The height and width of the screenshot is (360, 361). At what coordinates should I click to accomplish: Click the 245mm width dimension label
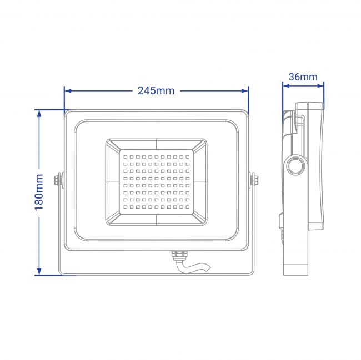pyautogui.click(x=156, y=91)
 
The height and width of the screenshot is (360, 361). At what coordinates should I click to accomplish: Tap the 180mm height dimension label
pyautogui.click(x=39, y=192)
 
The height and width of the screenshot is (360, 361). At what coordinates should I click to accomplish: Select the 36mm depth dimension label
pyautogui.click(x=303, y=77)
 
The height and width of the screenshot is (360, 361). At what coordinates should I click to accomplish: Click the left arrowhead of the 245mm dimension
pyautogui.click(x=68, y=91)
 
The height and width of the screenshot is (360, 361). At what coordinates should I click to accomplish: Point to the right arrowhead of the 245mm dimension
pyautogui.click(x=245, y=91)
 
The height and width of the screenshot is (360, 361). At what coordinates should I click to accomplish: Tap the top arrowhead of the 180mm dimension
pyautogui.click(x=39, y=113)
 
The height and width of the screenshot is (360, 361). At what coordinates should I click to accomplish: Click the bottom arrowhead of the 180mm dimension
pyautogui.click(x=39, y=271)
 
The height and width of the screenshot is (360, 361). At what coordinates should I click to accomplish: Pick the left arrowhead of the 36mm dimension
pyautogui.click(x=286, y=86)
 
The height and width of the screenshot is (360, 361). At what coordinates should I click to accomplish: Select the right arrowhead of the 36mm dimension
pyautogui.click(x=320, y=86)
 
